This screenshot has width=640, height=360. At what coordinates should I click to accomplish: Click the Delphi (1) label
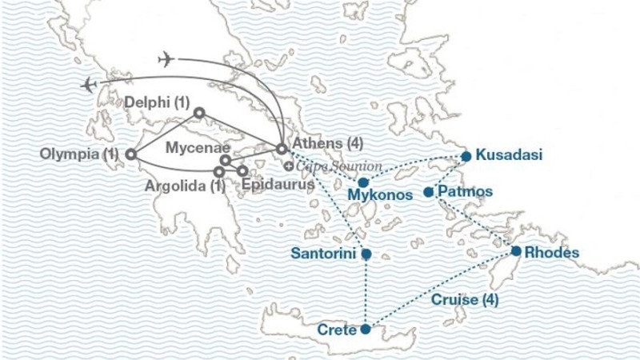click(x=158, y=102)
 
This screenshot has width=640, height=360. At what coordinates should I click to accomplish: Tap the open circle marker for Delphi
click(x=199, y=113)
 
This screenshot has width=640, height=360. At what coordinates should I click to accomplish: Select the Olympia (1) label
click(x=81, y=154)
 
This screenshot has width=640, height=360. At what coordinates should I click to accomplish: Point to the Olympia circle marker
click(x=130, y=154)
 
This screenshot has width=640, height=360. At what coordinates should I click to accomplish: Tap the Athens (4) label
click(x=329, y=144)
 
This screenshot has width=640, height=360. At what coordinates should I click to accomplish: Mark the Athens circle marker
click(x=282, y=149)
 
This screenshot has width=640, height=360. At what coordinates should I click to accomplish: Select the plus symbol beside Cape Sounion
click(x=288, y=166)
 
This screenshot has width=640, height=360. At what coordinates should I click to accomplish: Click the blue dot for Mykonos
click(x=362, y=182)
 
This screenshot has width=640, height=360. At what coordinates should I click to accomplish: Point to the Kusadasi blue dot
click(x=465, y=155)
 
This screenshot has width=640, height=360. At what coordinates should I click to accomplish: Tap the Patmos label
click(x=466, y=192)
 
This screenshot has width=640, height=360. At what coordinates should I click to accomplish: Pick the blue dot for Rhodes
click(x=516, y=251)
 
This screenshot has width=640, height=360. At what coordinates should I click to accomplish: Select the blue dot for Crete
click(x=366, y=328)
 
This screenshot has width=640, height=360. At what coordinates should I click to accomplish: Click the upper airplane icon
click(x=166, y=58)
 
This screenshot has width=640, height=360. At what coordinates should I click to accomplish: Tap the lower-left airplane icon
click(x=89, y=84)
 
